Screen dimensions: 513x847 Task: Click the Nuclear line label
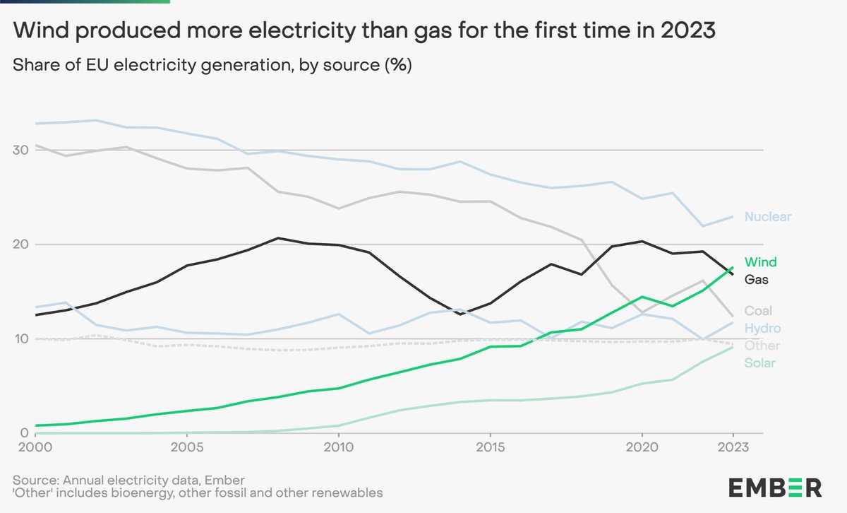(767, 217)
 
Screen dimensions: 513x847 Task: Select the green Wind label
(760, 262)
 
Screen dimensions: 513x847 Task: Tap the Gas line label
(757, 280)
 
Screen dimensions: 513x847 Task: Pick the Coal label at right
(759, 311)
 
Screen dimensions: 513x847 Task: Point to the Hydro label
(762, 329)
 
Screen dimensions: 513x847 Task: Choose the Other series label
(762, 346)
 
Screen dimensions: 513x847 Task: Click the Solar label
(760, 363)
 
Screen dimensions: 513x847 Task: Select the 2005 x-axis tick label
(187, 448)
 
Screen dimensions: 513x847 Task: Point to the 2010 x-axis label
(338, 448)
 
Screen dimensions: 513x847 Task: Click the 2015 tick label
(490, 448)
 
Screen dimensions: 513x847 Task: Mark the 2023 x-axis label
(732, 448)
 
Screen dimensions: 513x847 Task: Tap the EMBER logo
(774, 487)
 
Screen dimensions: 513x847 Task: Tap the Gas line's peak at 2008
(277, 238)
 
